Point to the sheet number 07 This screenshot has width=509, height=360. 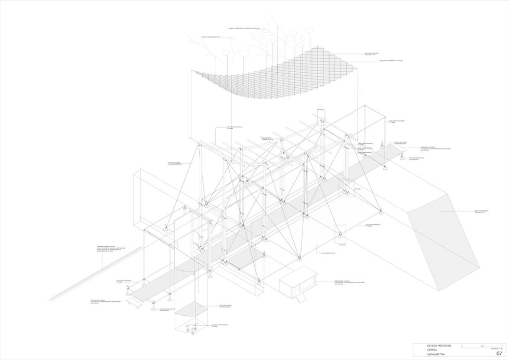click(x=499, y=353)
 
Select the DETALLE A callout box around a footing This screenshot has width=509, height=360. click(x=341, y=233)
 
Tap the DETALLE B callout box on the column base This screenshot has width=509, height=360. click(x=346, y=188)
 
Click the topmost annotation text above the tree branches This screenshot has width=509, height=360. click(x=247, y=28)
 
